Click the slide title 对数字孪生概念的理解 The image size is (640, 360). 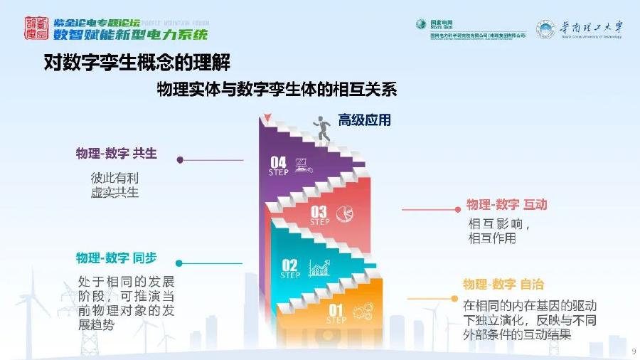(134, 63)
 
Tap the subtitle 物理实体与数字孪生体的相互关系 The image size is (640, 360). (277, 90)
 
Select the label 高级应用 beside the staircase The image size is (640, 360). (364, 120)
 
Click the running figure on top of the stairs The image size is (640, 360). (324, 128)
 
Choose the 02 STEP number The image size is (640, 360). (290, 268)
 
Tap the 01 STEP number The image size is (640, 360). (336, 312)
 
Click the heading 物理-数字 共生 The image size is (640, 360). (116, 154)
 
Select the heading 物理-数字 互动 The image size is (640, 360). (506, 205)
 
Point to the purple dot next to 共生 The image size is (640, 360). (181, 160)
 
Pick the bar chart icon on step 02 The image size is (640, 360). (319, 269)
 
